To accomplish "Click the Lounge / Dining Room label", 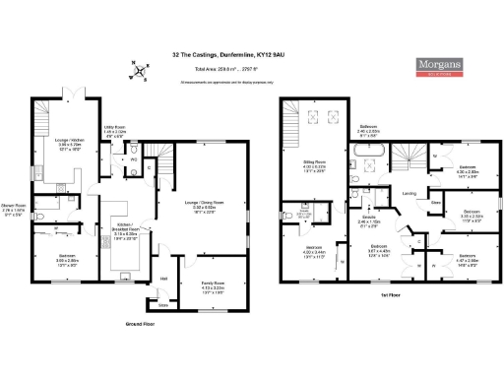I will tap(203, 206).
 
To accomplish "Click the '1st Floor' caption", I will tap(391, 294).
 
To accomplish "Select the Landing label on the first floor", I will tap(409, 193).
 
